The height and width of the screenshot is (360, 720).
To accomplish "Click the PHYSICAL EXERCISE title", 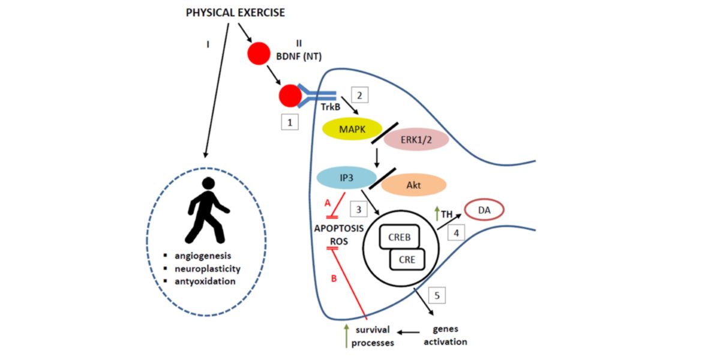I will pyautogui.click(x=235, y=12).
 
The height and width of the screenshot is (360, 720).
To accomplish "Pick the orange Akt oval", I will pyautogui.click(x=413, y=185).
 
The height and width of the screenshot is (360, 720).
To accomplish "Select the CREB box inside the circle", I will pyautogui.click(x=399, y=237).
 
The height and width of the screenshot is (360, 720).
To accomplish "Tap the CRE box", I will pyautogui.click(x=407, y=260).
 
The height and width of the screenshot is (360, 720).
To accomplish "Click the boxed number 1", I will pyautogui.click(x=290, y=122).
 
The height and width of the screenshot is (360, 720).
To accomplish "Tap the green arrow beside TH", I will pyautogui.click(x=436, y=212).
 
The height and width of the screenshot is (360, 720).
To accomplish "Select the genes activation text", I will pyautogui.click(x=449, y=336).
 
